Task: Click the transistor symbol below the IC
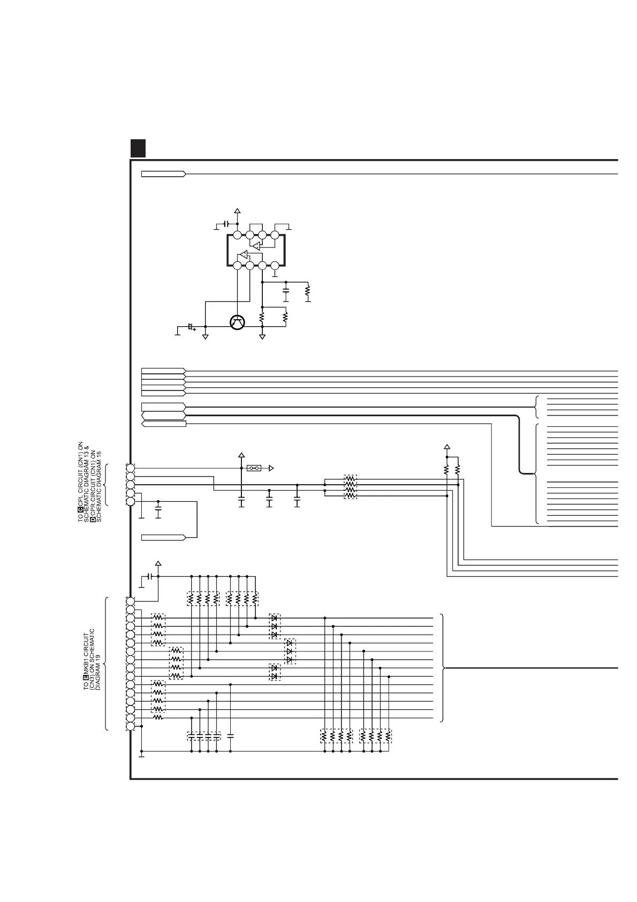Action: point(237,322)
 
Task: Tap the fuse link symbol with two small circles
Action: point(254,468)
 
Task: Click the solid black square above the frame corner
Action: point(138,148)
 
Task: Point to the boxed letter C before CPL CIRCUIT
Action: point(80,509)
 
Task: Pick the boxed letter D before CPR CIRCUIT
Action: point(93,519)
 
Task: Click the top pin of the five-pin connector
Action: point(130,468)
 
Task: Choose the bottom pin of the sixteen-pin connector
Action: point(130,726)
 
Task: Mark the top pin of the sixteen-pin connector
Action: point(130,601)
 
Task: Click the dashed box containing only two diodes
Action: point(275,672)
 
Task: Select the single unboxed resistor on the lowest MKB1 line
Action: point(158,718)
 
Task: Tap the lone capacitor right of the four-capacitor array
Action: point(231,736)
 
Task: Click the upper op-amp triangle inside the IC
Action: point(256,246)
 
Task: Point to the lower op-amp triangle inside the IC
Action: point(244,254)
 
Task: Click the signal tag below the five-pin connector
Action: point(163,537)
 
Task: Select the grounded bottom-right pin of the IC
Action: point(275,265)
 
